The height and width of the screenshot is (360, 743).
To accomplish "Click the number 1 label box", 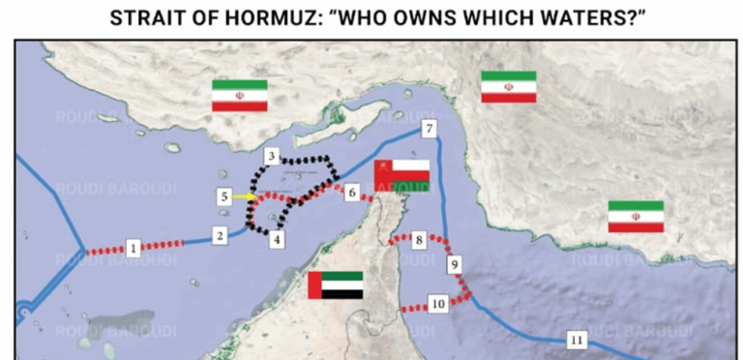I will [134, 247].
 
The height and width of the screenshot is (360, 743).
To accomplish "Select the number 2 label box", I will [221, 234].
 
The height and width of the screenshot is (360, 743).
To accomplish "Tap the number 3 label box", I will [273, 156].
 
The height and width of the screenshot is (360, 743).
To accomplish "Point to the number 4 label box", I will [278, 238].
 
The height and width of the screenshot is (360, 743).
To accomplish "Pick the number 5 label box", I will [224, 196].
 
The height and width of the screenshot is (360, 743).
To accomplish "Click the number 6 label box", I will [352, 193].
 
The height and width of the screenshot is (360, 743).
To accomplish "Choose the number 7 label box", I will [429, 130].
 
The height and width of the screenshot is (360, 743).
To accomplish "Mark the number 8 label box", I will [418, 238].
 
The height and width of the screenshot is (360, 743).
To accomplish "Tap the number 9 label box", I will [456, 263].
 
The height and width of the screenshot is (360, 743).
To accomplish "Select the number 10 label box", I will [437, 304].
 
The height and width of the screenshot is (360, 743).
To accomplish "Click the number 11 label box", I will [578, 339].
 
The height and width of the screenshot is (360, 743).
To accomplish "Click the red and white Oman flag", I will [401, 174].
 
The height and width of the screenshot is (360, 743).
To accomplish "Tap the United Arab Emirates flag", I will [335, 285].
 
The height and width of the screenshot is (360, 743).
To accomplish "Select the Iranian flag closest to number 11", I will [636, 217].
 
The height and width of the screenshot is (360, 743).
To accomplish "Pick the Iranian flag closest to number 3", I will [240, 95].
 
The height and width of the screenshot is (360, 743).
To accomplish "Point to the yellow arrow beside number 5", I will [245, 196].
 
